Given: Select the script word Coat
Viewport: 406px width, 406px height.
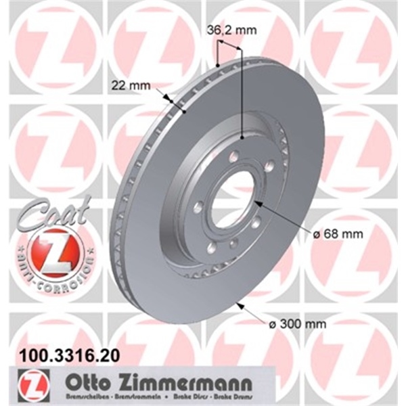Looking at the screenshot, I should [x=55, y=216].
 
